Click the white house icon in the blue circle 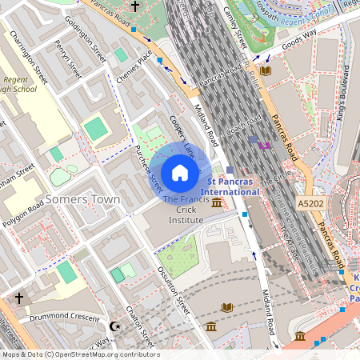[x=180, y=172]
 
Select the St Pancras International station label [x=234, y=187]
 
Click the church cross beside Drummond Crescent [x=19, y=298]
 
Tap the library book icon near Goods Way [x=266, y=70]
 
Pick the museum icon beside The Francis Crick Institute [x=218, y=206]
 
